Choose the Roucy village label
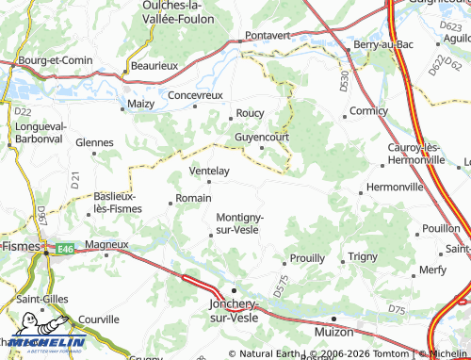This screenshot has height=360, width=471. (x=251, y=113)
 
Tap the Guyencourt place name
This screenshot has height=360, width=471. (x=261, y=137)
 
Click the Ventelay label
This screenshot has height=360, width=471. (x=209, y=171)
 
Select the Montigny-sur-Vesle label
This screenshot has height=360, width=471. (x=240, y=222)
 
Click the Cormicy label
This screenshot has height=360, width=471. (x=367, y=111)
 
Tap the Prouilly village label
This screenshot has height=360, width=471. (x=307, y=257)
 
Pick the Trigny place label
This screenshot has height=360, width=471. (x=363, y=256)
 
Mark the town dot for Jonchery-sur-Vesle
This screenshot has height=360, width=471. (x=235, y=290)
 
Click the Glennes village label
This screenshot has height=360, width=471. (x=94, y=142)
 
